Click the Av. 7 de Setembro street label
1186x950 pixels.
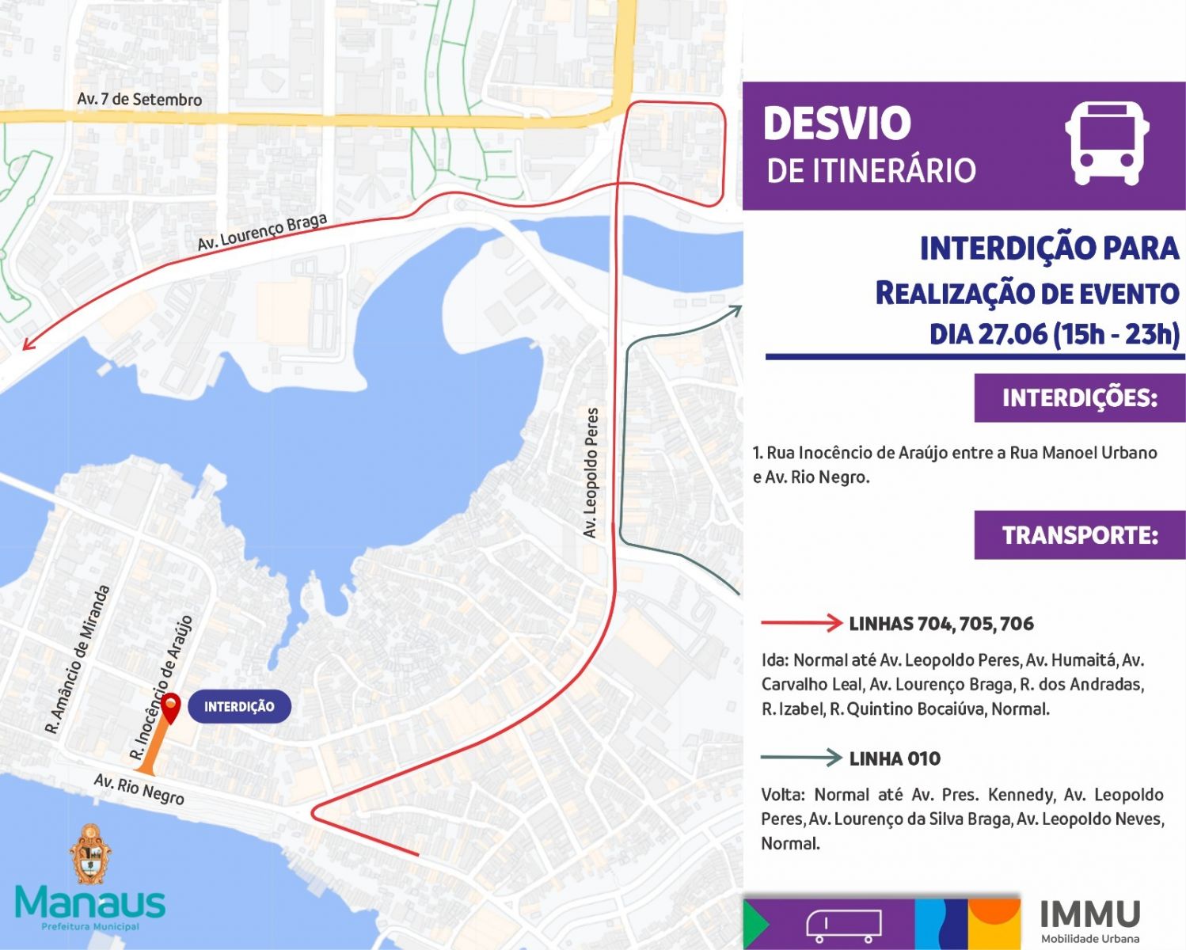coord(139,100)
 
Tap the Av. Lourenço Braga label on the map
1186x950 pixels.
coord(262,232)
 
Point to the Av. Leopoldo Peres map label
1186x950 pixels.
coord(591,473)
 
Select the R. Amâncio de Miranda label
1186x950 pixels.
coord(78,659)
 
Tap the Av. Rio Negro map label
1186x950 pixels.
coord(139,789)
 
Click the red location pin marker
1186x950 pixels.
coord(170,706)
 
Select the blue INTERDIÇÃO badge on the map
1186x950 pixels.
coord(239,707)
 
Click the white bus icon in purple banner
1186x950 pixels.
coord(1106,143)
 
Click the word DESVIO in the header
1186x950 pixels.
coord(838,123)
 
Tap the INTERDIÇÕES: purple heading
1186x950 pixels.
coord(1079,397)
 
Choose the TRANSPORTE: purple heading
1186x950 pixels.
coord(1080,535)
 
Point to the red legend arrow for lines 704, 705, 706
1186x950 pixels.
coord(801,623)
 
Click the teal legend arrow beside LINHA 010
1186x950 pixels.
coord(801,758)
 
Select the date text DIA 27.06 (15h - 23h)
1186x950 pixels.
coord(1054,333)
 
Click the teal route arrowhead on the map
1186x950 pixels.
coord(736,310)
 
